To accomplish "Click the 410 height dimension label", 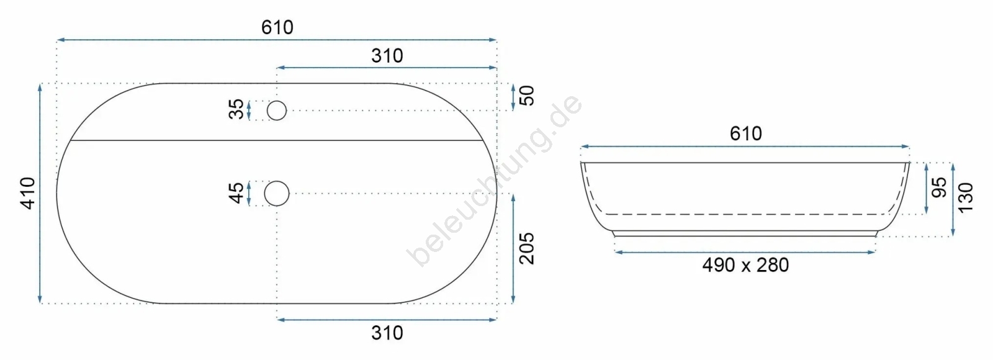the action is pos(29,193).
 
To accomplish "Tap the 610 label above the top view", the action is pos(277,27).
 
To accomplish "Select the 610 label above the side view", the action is pos(745,133).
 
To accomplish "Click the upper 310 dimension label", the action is pos(387,56).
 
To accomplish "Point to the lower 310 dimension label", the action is pos(387,333).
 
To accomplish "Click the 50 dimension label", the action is pos(527,96).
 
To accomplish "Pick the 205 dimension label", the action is pos(527,249).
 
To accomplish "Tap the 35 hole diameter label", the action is pos(236,109).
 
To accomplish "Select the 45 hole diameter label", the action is pos(236,193).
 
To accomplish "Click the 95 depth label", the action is pos(939,187).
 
